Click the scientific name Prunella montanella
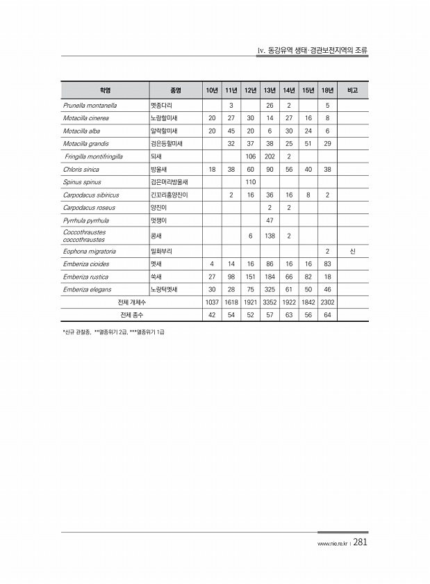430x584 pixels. [x=90, y=106]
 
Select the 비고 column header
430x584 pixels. [x=352, y=90]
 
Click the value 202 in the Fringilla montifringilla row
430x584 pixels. [x=269, y=156]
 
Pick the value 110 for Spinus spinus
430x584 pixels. [x=250, y=182]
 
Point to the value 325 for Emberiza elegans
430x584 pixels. [x=269, y=289]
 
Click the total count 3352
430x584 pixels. [x=269, y=302]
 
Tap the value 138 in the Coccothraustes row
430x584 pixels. [x=269, y=236]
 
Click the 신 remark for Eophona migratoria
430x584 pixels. [x=352, y=251]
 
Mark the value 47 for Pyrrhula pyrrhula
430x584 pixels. [x=269, y=220]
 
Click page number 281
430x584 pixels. [x=360, y=543]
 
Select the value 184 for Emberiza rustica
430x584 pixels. [x=269, y=277]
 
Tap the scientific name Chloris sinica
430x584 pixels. [x=81, y=169]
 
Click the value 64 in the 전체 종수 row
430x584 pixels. [x=326, y=315]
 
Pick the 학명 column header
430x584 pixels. [x=105, y=90]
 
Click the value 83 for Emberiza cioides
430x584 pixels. [x=326, y=264]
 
